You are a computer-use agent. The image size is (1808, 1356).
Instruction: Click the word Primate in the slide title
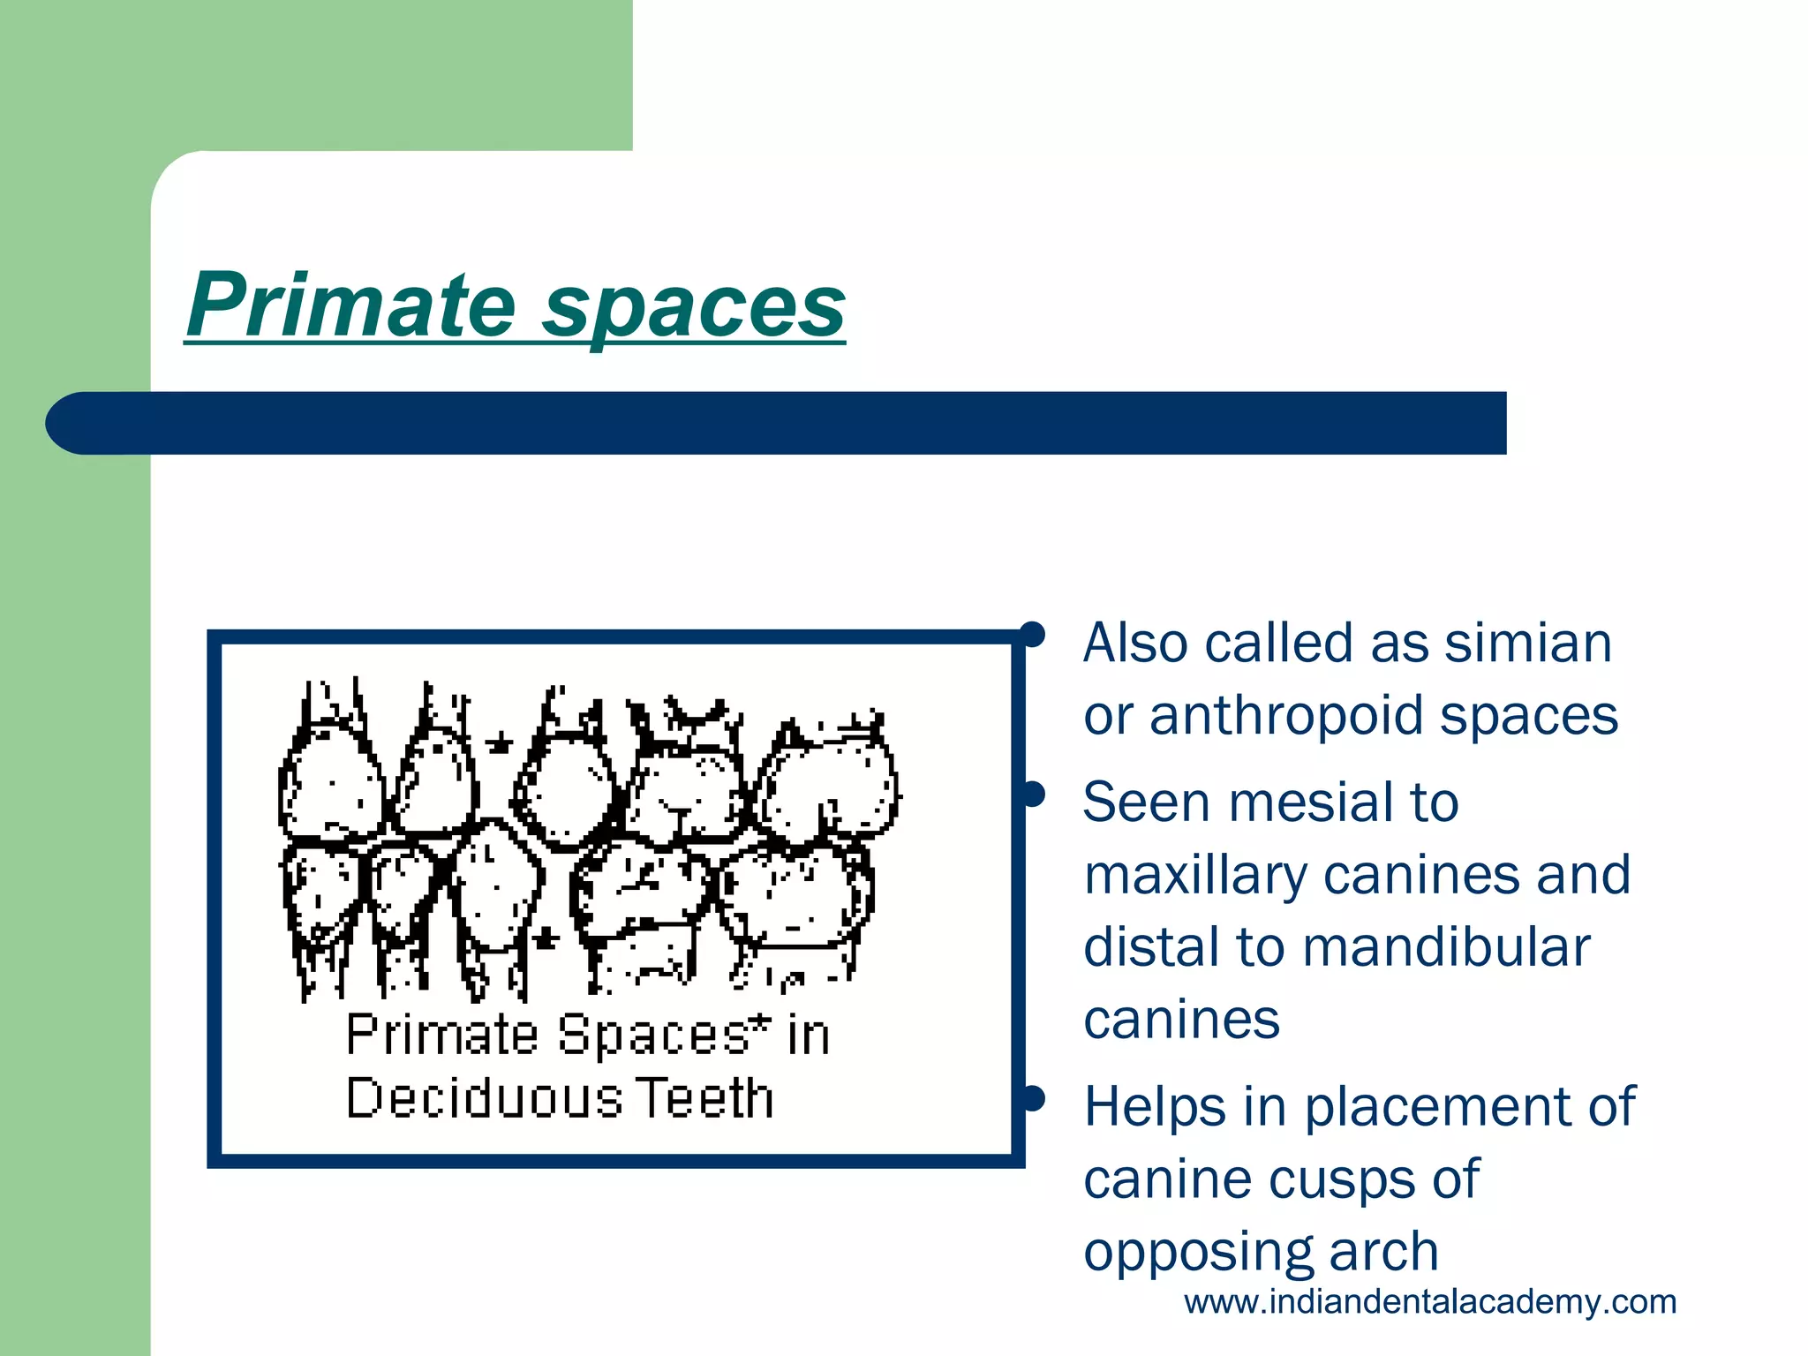[x=350, y=305]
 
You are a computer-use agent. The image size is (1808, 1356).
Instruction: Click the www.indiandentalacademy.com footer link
[x=1429, y=1302]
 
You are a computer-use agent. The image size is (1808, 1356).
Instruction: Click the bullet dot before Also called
[x=1032, y=634]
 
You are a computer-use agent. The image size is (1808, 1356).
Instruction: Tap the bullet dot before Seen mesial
[x=1032, y=794]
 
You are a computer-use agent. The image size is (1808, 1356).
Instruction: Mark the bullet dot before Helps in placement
[x=1032, y=1098]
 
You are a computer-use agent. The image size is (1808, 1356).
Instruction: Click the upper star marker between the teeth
[x=500, y=742]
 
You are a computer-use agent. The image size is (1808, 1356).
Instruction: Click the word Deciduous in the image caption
[x=484, y=1100]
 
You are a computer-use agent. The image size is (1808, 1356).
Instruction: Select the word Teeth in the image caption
[x=704, y=1100]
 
